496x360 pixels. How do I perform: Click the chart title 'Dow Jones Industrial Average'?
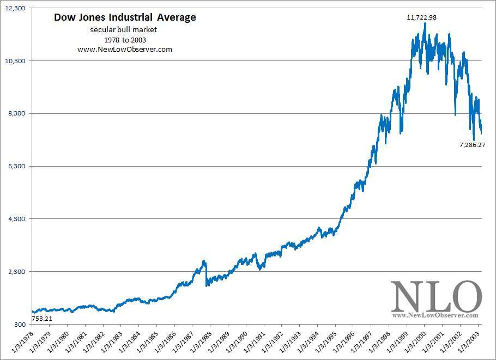click(x=125, y=17)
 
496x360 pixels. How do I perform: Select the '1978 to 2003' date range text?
click(x=125, y=40)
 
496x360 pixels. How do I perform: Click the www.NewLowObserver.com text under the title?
click(x=125, y=50)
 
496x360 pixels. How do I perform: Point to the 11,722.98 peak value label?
click(x=421, y=17)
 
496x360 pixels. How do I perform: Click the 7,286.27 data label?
click(x=472, y=145)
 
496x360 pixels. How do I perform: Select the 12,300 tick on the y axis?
click(x=15, y=8)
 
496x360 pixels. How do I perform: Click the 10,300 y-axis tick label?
click(x=15, y=61)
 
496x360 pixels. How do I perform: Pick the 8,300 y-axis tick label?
click(x=16, y=114)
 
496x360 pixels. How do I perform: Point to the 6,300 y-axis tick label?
click(x=16, y=167)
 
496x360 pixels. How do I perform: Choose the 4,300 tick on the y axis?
click(x=16, y=219)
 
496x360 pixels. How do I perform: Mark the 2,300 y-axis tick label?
click(x=16, y=272)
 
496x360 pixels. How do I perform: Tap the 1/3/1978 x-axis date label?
click(x=22, y=341)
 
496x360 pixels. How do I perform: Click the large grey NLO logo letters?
click(x=435, y=297)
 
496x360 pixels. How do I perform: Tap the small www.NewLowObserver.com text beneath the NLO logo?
click(x=435, y=315)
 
